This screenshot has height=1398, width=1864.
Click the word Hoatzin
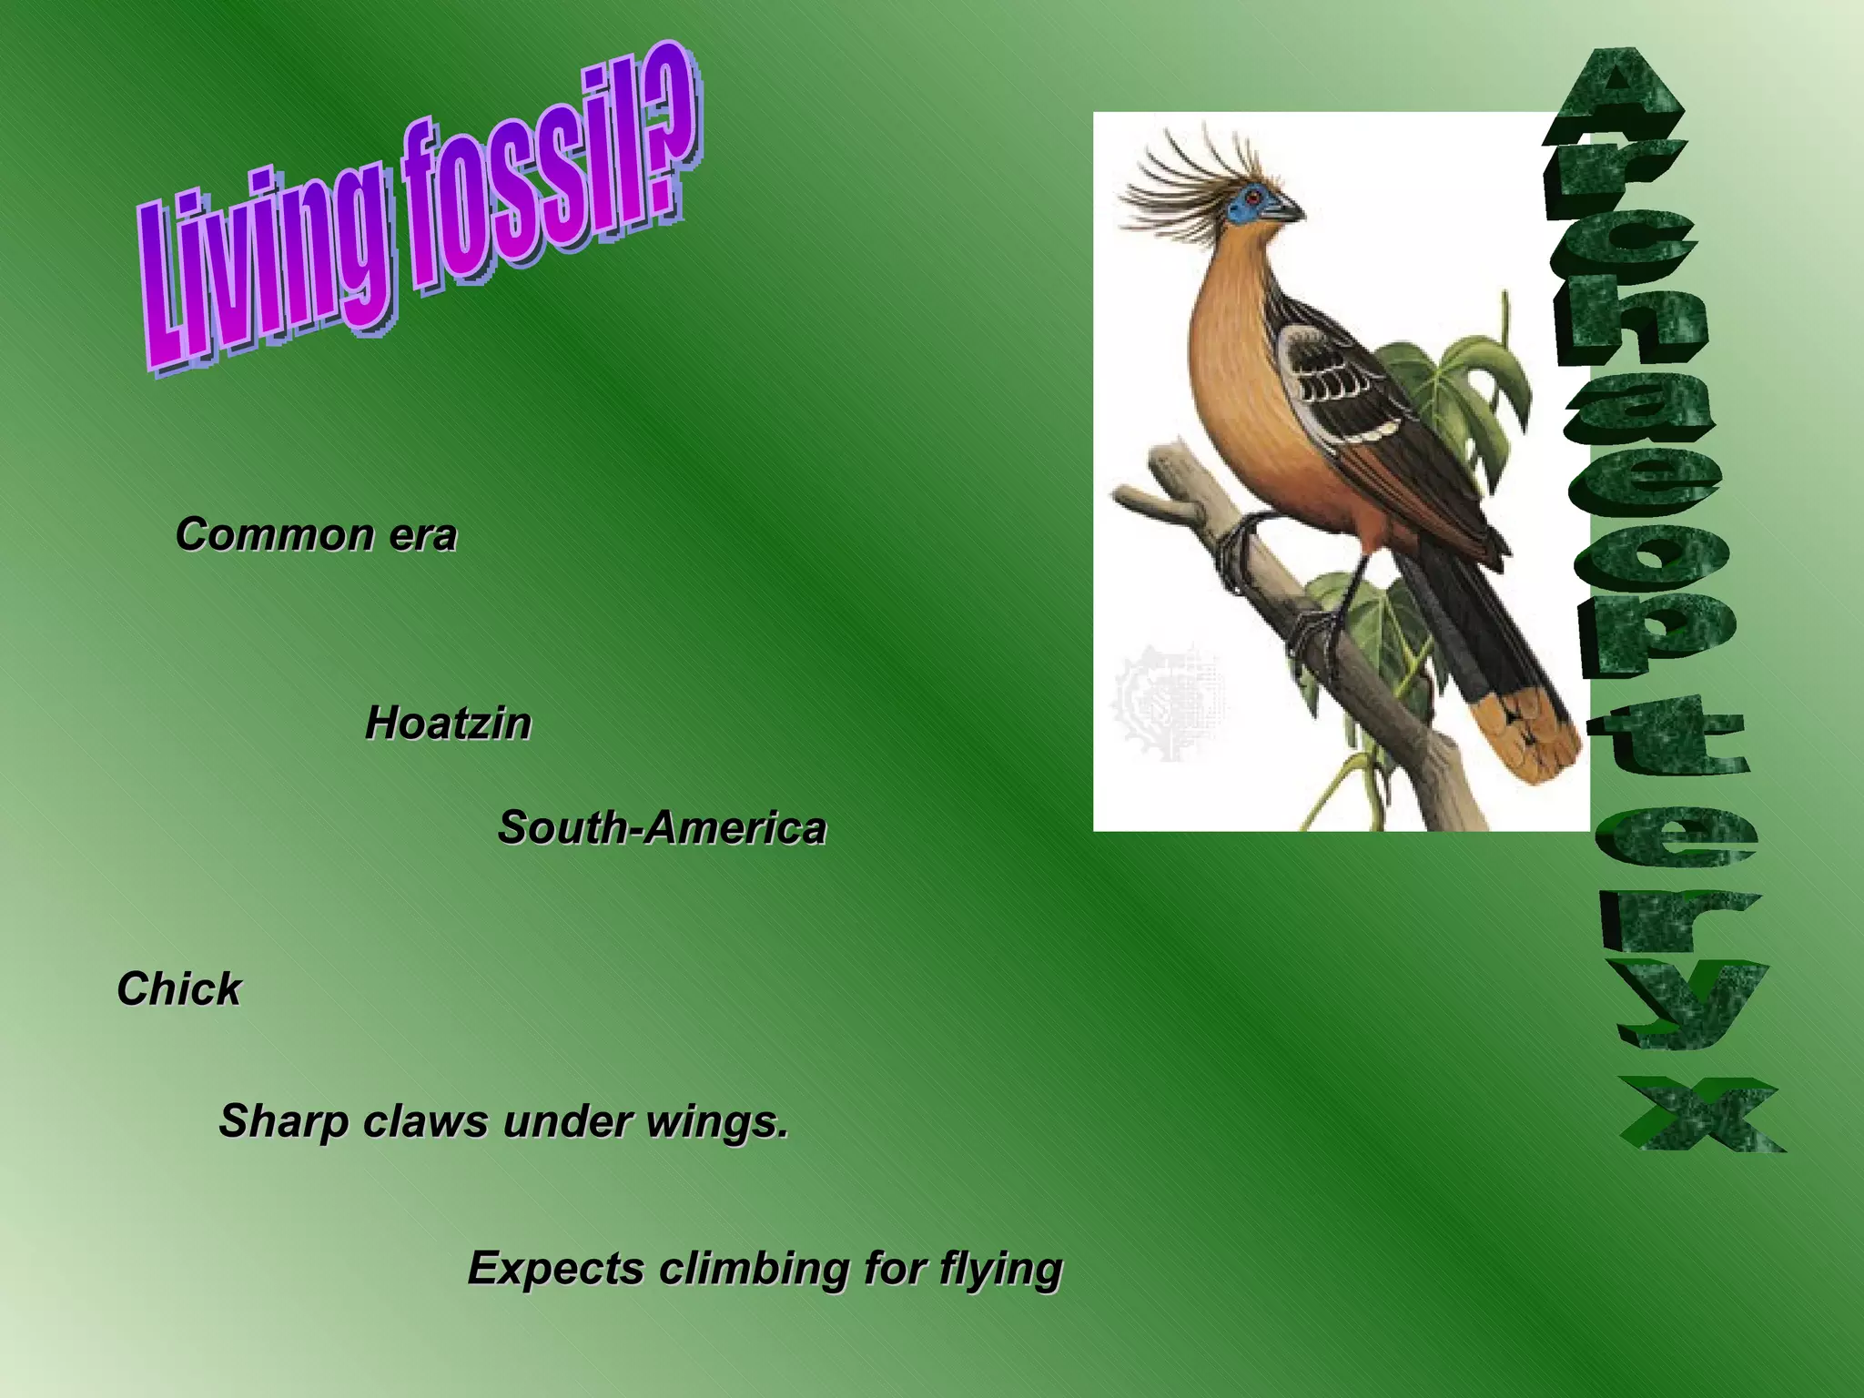coord(448,724)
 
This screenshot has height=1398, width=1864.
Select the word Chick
coord(178,989)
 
